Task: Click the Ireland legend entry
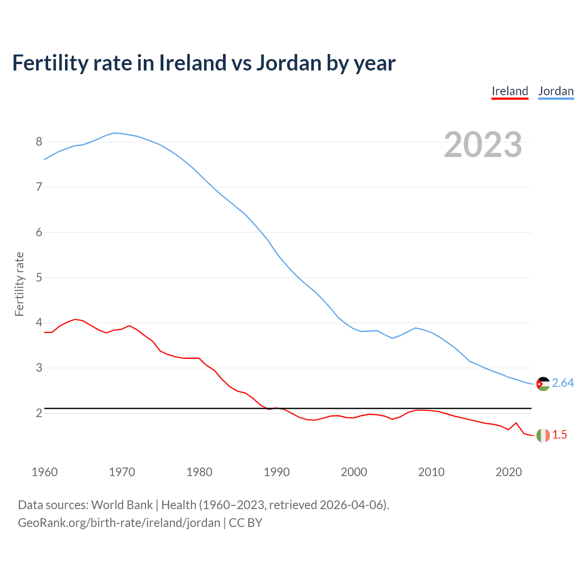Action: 510,91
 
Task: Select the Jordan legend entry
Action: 556,91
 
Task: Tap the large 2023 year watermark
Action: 483,145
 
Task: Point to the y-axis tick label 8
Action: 39,141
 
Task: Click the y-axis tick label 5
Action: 39,277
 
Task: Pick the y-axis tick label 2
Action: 39,413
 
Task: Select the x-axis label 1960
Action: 44,472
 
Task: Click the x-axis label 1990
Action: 277,472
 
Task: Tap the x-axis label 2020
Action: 509,472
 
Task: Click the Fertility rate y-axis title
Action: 19,284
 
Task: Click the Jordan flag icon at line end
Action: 543,384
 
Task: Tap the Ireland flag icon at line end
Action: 543,435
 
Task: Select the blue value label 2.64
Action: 563,383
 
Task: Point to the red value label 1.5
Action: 559,435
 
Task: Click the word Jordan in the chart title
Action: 288,63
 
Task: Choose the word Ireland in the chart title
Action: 192,63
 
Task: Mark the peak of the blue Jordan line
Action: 114,133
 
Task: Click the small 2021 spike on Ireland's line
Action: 516,423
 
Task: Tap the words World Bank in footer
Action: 122,505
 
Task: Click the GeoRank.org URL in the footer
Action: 119,523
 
